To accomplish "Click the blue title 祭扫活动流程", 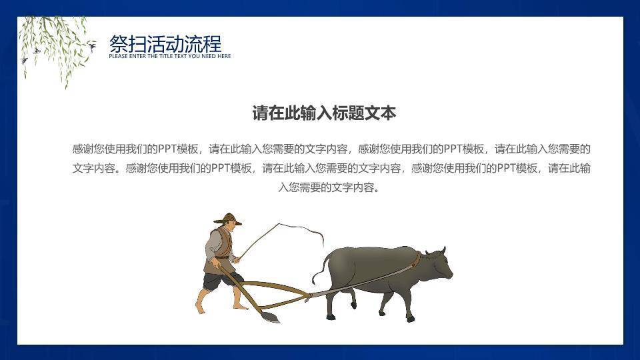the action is (165, 44).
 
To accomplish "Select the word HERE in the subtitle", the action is (224, 56).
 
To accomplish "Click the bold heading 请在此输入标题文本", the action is (324, 113).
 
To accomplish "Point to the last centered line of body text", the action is (329, 187).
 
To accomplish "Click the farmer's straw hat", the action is (227, 219).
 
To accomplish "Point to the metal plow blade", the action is (269, 317).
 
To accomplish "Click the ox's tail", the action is (319, 267).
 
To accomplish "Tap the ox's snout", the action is (448, 275).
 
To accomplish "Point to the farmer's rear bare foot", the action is (200, 306).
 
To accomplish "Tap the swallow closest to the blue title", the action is (92, 45).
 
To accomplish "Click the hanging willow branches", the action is (55, 47).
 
